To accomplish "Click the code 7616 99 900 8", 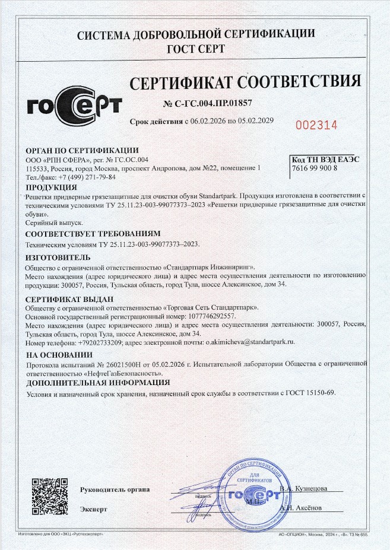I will point(315,169).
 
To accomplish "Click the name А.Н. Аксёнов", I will point(303,508).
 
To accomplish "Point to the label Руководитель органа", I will point(115,489).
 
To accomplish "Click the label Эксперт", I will point(94,509).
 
